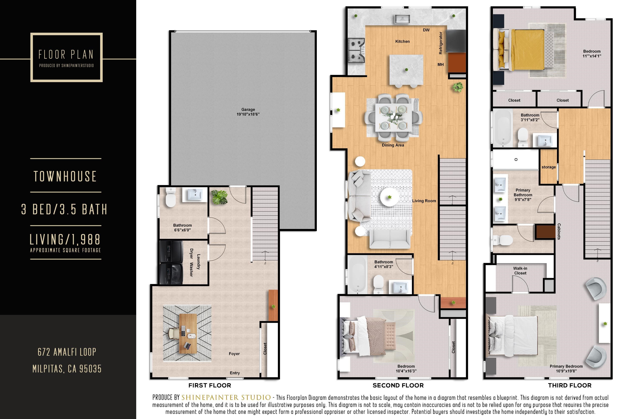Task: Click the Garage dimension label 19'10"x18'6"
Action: [248, 114]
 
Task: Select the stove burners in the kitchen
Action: [356, 50]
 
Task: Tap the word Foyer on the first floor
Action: [234, 354]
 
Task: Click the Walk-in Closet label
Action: [520, 271]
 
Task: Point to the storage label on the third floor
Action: [548, 167]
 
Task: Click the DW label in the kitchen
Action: [426, 30]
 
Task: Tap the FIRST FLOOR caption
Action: [210, 385]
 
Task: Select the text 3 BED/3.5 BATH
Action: [64, 209]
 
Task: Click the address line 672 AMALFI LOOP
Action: [67, 352]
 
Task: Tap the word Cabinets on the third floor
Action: [559, 231]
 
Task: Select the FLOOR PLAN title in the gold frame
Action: [66, 54]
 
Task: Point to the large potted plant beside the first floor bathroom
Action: [219, 197]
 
